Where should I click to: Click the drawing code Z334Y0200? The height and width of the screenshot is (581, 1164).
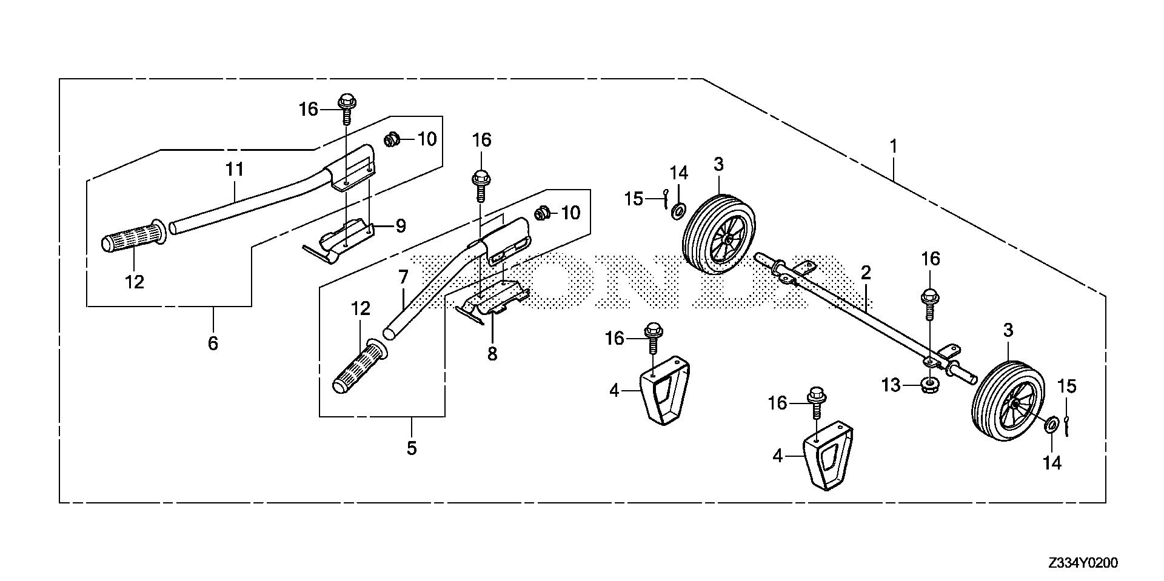1082,563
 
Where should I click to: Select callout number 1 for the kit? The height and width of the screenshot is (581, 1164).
892,147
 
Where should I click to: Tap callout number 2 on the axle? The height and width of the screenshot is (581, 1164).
866,273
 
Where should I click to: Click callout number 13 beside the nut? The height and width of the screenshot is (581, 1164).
891,385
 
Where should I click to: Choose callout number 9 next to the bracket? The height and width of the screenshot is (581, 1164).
400,227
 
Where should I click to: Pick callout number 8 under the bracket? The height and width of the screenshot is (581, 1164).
492,353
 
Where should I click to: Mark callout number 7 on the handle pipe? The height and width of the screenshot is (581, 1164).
404,278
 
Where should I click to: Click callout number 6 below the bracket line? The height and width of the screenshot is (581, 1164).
212,344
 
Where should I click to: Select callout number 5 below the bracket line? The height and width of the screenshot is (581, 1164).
412,449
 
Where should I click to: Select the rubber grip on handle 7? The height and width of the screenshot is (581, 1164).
360,370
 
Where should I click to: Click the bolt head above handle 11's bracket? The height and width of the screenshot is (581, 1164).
346,102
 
